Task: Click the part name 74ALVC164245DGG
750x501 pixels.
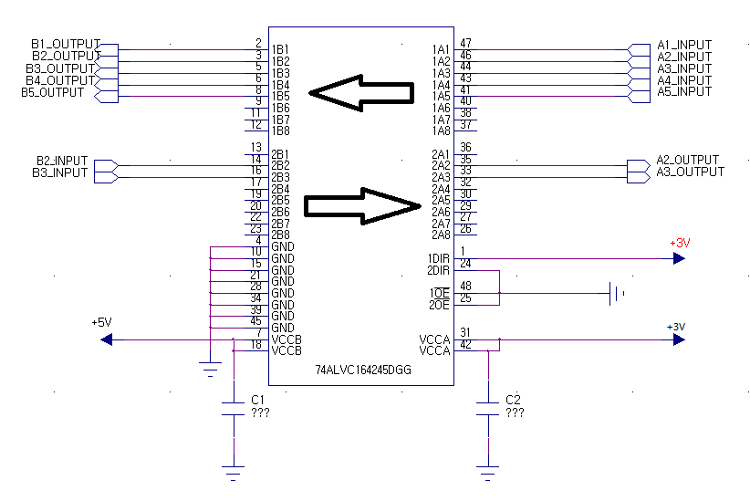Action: (363, 370)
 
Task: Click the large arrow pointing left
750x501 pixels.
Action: (361, 93)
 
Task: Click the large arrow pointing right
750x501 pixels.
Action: (362, 206)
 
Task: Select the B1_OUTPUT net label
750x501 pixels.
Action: (66, 44)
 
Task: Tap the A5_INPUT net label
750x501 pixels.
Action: (684, 92)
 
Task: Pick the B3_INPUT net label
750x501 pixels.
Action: (60, 172)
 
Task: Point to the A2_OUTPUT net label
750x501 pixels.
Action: (687, 160)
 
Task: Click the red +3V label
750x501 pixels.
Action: (680, 243)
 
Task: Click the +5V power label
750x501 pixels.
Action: (101, 322)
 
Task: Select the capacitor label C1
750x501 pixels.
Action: (257, 400)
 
